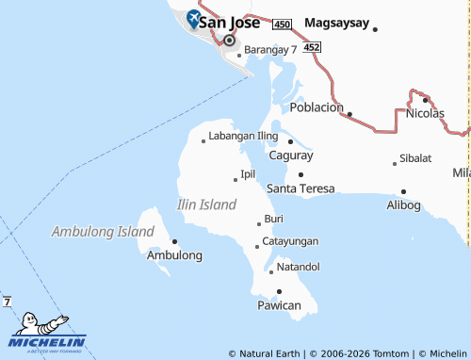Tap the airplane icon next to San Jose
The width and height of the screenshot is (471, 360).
193,17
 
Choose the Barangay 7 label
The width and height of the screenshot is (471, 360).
270,48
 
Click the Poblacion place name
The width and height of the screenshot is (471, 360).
317,107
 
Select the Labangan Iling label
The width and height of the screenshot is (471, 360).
243,136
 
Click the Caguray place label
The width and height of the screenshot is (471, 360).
291,155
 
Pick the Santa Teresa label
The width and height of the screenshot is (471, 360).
300,188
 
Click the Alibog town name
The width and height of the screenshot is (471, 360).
403,205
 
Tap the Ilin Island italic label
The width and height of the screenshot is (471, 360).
207,205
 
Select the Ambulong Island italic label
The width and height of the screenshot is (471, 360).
103,231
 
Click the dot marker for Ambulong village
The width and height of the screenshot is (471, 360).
174,241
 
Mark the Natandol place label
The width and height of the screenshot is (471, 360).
298,266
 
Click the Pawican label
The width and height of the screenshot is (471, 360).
279,305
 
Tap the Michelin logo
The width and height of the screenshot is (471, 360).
47,334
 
